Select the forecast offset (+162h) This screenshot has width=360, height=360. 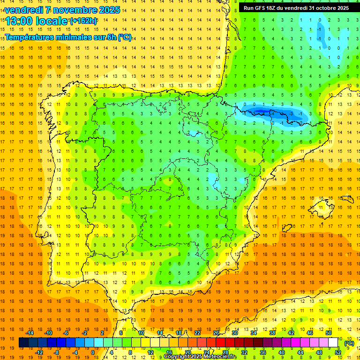(83, 21)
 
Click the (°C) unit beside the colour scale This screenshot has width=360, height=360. (349, 343)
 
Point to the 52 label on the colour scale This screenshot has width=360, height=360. (338, 352)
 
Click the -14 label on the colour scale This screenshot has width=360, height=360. (30, 333)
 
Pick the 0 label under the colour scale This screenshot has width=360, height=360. (93, 352)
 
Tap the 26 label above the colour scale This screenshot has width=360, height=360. (216, 333)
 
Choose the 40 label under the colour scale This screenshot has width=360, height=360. (281, 352)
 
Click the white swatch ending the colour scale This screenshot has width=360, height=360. (333, 343)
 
